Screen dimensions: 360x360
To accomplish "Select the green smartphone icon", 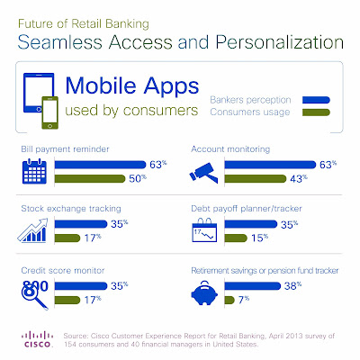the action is [49, 112].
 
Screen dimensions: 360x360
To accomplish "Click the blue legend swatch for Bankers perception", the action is [316, 100].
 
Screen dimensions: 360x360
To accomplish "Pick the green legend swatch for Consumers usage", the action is [316, 112].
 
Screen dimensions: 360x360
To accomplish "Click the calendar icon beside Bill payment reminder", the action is [34, 172].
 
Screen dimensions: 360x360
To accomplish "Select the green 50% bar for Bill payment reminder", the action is [90, 178].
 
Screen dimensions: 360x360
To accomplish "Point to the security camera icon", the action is [203, 173].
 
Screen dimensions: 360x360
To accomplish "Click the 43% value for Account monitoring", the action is [299, 179].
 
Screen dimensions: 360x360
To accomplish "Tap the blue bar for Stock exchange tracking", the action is [81, 224].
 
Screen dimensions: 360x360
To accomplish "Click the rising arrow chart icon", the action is [33, 230].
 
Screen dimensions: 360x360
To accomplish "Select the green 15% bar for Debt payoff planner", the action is [236, 238].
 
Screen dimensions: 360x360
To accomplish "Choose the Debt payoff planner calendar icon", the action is [204, 230].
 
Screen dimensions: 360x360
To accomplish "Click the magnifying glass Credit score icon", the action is [34, 294].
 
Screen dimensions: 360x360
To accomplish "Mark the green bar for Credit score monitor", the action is [67, 300].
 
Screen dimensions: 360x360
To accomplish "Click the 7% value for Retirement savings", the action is [244, 300].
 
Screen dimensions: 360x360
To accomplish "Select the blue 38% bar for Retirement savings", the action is [253, 286].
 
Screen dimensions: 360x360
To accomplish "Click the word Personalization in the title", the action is [280, 42].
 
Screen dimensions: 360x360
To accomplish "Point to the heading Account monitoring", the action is [230, 149].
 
